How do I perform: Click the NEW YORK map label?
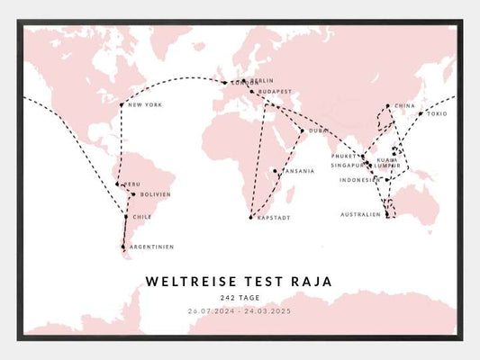click(145, 105)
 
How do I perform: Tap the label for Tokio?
click(437, 114)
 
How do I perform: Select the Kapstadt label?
click(273, 218)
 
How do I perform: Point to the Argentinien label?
click(151, 247)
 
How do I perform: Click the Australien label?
click(360, 214)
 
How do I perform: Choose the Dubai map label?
click(319, 131)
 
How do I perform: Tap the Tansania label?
click(298, 171)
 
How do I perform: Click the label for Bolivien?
click(155, 194)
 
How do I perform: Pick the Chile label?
click(142, 217)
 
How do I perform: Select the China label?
click(404, 105)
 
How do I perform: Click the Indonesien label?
click(359, 180)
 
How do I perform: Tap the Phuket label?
click(345, 157)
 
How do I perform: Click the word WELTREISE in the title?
click(186, 282)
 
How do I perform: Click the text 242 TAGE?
click(240, 298)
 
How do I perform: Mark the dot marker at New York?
click(122, 105)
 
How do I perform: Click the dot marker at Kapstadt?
click(251, 218)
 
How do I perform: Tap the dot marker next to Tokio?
click(420, 114)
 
